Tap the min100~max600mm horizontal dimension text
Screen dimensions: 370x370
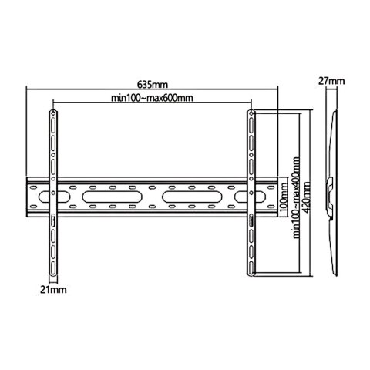click(151, 97)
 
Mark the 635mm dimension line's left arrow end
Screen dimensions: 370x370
click(28, 89)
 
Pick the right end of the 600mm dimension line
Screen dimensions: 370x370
click(251, 103)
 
